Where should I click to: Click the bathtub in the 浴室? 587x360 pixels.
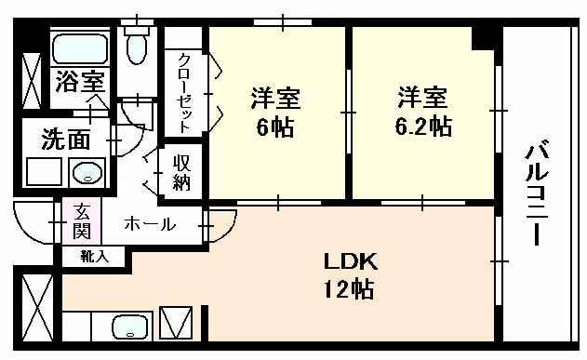click(80, 48)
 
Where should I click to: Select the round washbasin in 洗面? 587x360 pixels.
click(87, 172)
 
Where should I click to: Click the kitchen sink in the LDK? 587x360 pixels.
click(131, 327)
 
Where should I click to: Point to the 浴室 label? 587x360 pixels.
click(80, 82)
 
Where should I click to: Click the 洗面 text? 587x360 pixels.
click(66, 140)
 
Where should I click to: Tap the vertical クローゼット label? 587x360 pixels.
click(184, 94)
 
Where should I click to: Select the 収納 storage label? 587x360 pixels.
click(181, 173)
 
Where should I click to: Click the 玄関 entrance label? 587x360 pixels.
click(82, 221)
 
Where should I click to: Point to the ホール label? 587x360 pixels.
click(150, 224)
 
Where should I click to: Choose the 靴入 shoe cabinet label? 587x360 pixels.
click(95, 257)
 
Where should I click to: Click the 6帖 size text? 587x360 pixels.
click(275, 127)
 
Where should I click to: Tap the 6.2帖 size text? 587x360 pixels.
click(424, 127)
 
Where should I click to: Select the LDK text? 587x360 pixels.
click(351, 261)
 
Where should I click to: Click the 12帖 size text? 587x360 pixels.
click(349, 288)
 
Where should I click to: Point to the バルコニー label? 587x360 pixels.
click(537, 193)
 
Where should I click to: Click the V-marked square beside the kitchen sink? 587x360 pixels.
click(176, 323)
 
